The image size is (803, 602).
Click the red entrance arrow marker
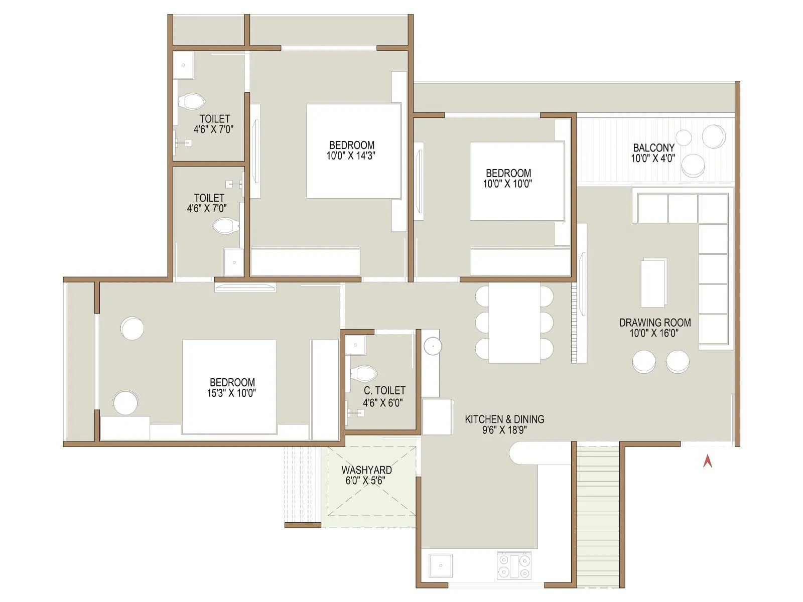[708, 461]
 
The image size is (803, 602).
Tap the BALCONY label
[653, 148]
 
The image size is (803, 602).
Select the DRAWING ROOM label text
[655, 323]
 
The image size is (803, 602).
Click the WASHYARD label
[366, 470]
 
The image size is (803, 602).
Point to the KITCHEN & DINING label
[504, 419]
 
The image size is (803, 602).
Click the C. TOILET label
[384, 390]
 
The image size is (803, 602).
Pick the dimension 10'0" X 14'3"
[351, 156]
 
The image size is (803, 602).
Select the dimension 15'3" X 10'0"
[231, 393]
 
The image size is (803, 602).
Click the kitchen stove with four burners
[514, 566]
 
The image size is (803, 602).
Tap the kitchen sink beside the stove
[441, 565]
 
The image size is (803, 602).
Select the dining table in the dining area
[514, 323]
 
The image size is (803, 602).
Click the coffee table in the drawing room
[653, 283]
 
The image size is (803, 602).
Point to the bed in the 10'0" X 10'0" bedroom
[517, 182]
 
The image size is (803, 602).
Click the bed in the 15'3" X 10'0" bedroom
[229, 386]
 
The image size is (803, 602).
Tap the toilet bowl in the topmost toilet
[191, 101]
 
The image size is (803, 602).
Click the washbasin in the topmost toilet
[183, 65]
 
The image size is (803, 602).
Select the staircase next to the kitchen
[598, 517]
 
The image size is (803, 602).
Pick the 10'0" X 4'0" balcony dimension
[653, 159]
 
